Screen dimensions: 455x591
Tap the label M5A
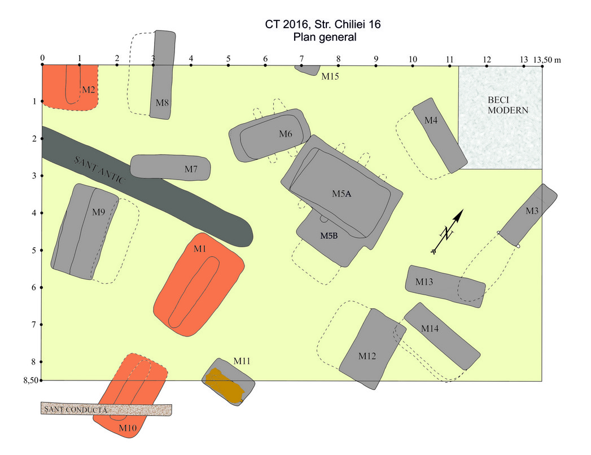click(x=342, y=194)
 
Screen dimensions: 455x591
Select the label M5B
click(x=329, y=235)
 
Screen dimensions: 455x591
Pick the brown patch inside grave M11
click(x=226, y=386)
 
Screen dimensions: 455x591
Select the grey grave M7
click(x=170, y=167)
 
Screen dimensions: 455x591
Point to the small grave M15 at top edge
click(x=308, y=69)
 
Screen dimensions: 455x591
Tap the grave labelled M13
click(x=445, y=286)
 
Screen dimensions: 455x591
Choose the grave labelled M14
click(x=442, y=336)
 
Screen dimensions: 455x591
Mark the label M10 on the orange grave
click(x=128, y=428)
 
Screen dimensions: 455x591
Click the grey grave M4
click(x=440, y=136)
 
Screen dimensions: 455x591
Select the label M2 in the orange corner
click(x=89, y=89)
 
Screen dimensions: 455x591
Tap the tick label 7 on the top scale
click(x=301, y=59)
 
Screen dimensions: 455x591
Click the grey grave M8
click(x=162, y=75)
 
